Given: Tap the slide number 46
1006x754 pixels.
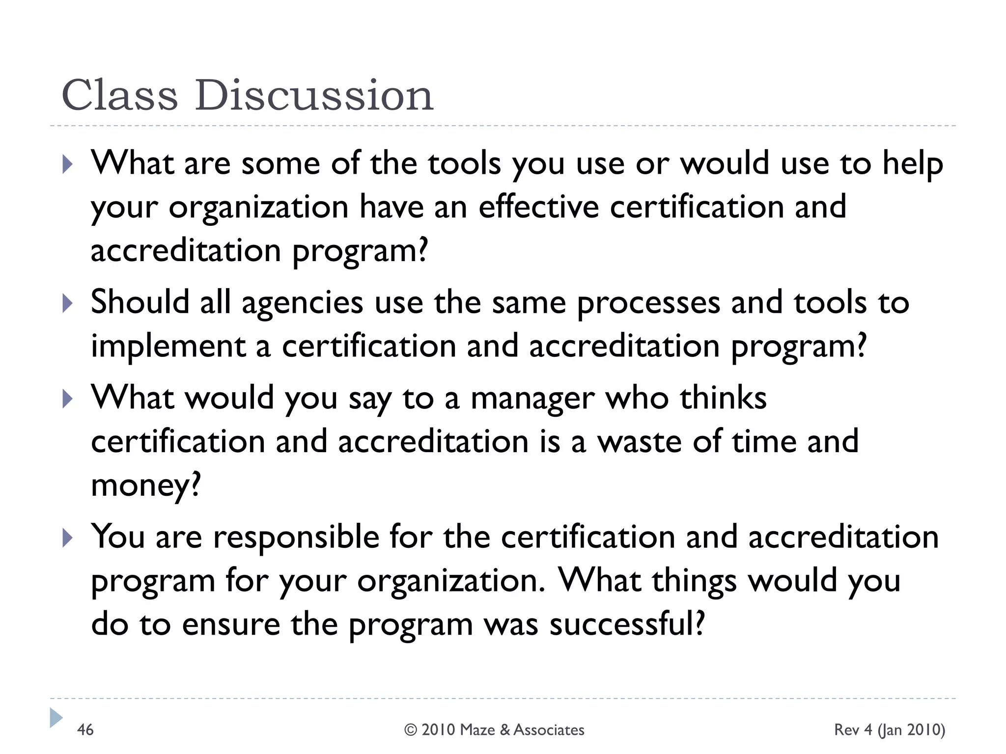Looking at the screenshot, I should (85, 730).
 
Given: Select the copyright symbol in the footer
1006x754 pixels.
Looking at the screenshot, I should (411, 730).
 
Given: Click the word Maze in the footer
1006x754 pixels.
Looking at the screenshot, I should (478, 730).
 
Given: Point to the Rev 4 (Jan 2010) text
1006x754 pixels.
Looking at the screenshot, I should (890, 730).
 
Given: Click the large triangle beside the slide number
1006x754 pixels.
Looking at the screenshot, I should (56, 718).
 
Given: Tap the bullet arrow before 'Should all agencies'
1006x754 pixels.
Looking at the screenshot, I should (67, 303).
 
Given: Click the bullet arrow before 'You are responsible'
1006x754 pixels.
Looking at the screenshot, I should (67, 539).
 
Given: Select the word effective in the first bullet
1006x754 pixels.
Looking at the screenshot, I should (538, 207).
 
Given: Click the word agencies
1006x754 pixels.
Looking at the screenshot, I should (302, 303).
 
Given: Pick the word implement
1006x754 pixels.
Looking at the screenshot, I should (168, 347).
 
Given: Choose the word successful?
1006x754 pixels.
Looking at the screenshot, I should (627, 624).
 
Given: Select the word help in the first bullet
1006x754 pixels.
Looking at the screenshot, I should (913, 164).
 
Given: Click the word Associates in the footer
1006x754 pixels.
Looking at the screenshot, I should (549, 730).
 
